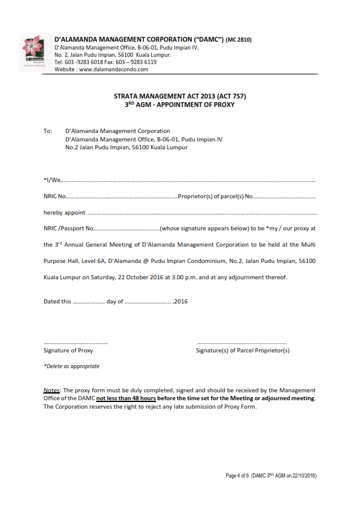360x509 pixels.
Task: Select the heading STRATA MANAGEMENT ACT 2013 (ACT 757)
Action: point(180,96)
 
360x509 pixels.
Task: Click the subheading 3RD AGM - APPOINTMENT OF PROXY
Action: point(180,105)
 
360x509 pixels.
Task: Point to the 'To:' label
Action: point(48,131)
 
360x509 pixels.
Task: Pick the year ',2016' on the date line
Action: point(180,301)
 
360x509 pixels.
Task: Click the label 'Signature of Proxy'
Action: point(68,350)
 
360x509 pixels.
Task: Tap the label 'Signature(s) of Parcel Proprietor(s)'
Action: point(243,350)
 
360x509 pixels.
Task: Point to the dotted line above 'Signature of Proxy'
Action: point(76,343)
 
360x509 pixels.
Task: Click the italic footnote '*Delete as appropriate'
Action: point(71,366)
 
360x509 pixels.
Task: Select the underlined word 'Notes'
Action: point(52,391)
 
